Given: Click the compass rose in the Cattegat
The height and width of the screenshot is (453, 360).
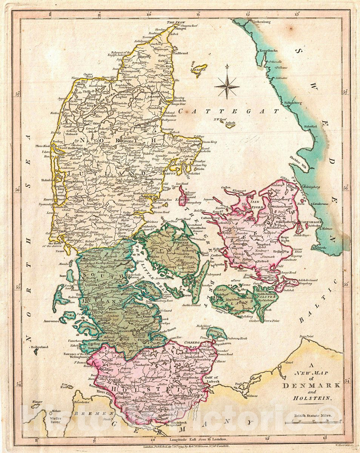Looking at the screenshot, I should pyautogui.click(x=227, y=85).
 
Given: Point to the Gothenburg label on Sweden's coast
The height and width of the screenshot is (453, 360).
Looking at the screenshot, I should pyautogui.click(x=263, y=22).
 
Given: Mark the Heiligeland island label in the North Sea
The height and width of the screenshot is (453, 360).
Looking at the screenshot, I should pyautogui.click(x=41, y=346).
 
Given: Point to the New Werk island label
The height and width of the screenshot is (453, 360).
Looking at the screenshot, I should pyautogui.click(x=66, y=386).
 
